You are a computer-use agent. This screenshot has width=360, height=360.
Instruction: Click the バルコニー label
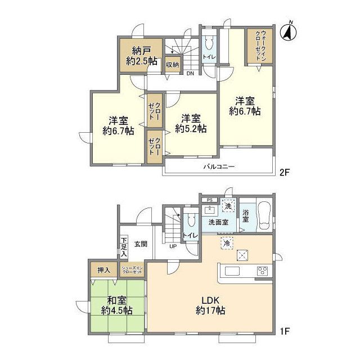[x=219, y=167]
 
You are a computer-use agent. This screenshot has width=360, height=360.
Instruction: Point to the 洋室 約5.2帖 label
[x=190, y=123]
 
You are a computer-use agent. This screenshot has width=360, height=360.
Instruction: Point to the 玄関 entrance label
[x=141, y=244]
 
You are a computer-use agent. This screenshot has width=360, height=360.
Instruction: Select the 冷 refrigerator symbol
[x=226, y=243]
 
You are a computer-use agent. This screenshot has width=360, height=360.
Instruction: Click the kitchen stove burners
[x=262, y=271]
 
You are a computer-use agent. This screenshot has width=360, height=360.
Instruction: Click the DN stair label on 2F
[x=190, y=73]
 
